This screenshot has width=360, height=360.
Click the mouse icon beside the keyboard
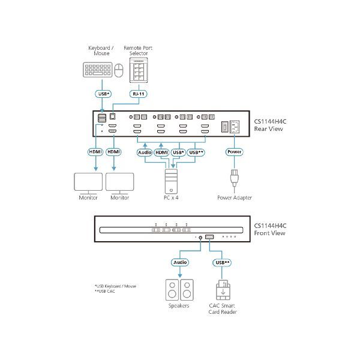point(118,71)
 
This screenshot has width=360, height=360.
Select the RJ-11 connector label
point(138,94)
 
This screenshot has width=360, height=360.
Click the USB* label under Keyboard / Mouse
point(103,94)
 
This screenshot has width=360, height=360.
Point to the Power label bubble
point(234,152)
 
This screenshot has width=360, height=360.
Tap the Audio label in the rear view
point(145,152)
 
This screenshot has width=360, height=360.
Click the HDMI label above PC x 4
point(161,152)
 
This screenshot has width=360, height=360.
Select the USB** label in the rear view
point(196,152)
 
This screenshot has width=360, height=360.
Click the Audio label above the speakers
point(181,262)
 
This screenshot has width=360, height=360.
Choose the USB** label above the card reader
point(221,262)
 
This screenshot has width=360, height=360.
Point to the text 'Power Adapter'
point(234,197)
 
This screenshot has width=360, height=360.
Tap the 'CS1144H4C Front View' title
point(271,230)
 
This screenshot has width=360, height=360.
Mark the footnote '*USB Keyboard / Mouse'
point(115,286)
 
